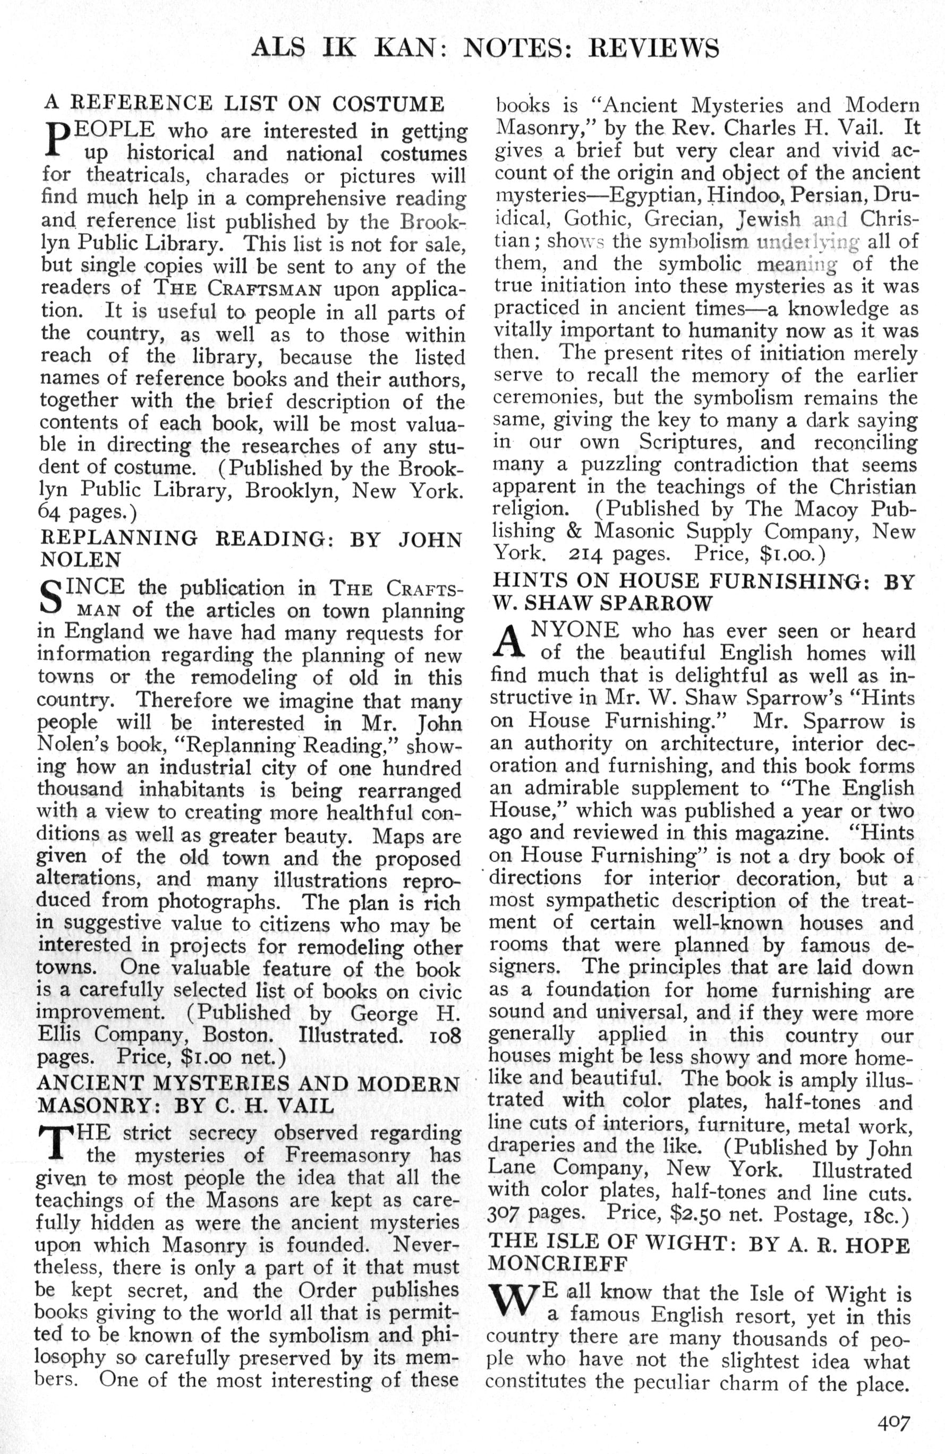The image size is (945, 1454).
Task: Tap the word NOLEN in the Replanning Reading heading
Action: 80,559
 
